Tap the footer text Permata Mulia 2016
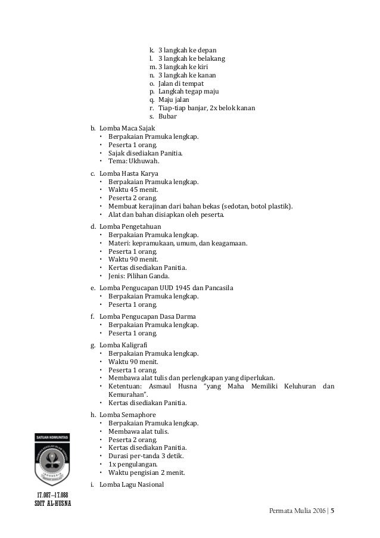coord(297,511)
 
